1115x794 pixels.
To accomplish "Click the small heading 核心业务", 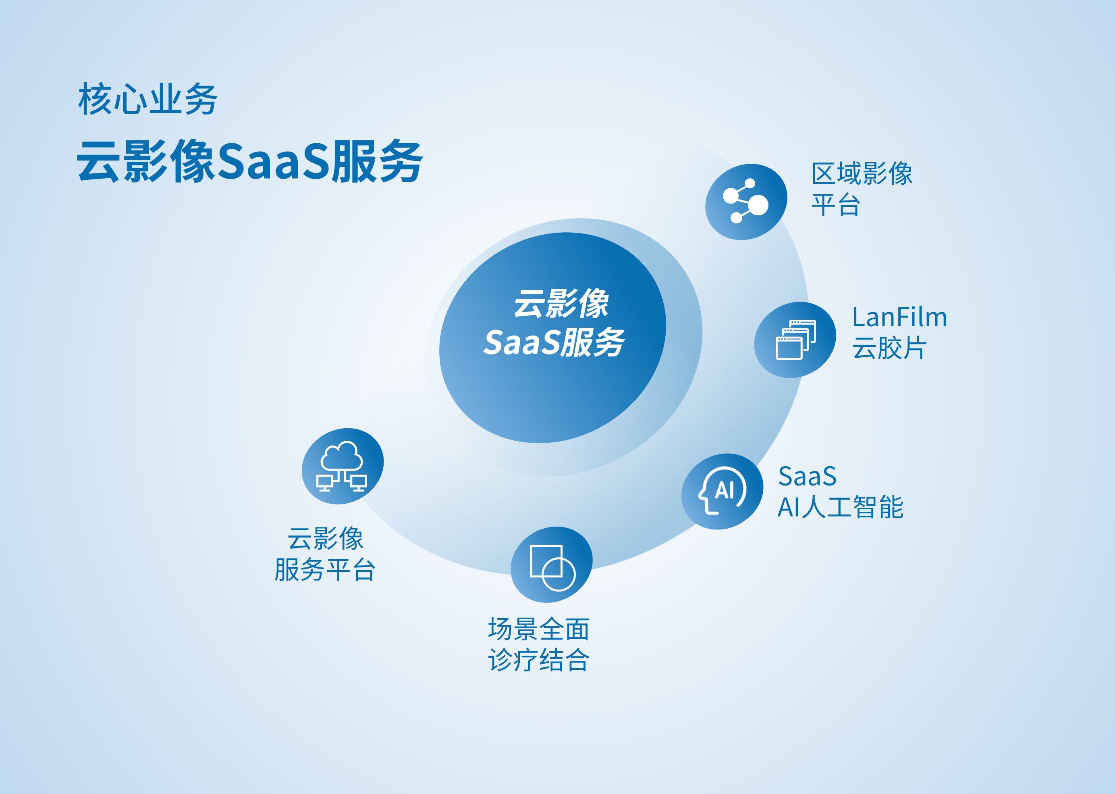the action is [x=147, y=99].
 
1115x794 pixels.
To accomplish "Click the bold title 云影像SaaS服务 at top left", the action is [x=250, y=161].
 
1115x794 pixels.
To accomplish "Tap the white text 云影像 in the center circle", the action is [x=561, y=303].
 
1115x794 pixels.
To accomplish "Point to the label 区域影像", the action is [x=862, y=173].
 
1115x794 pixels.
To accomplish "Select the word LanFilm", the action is [x=899, y=317].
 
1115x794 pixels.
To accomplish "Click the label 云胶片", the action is [x=889, y=348].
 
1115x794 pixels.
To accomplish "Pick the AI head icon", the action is [x=722, y=490].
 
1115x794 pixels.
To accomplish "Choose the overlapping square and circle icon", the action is [x=552, y=568].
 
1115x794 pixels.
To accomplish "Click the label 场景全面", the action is [x=538, y=629].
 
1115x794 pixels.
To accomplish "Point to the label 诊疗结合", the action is [x=538, y=660].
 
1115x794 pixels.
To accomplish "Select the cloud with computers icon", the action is [x=342, y=466].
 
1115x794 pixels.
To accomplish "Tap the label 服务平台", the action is [x=325, y=569].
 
